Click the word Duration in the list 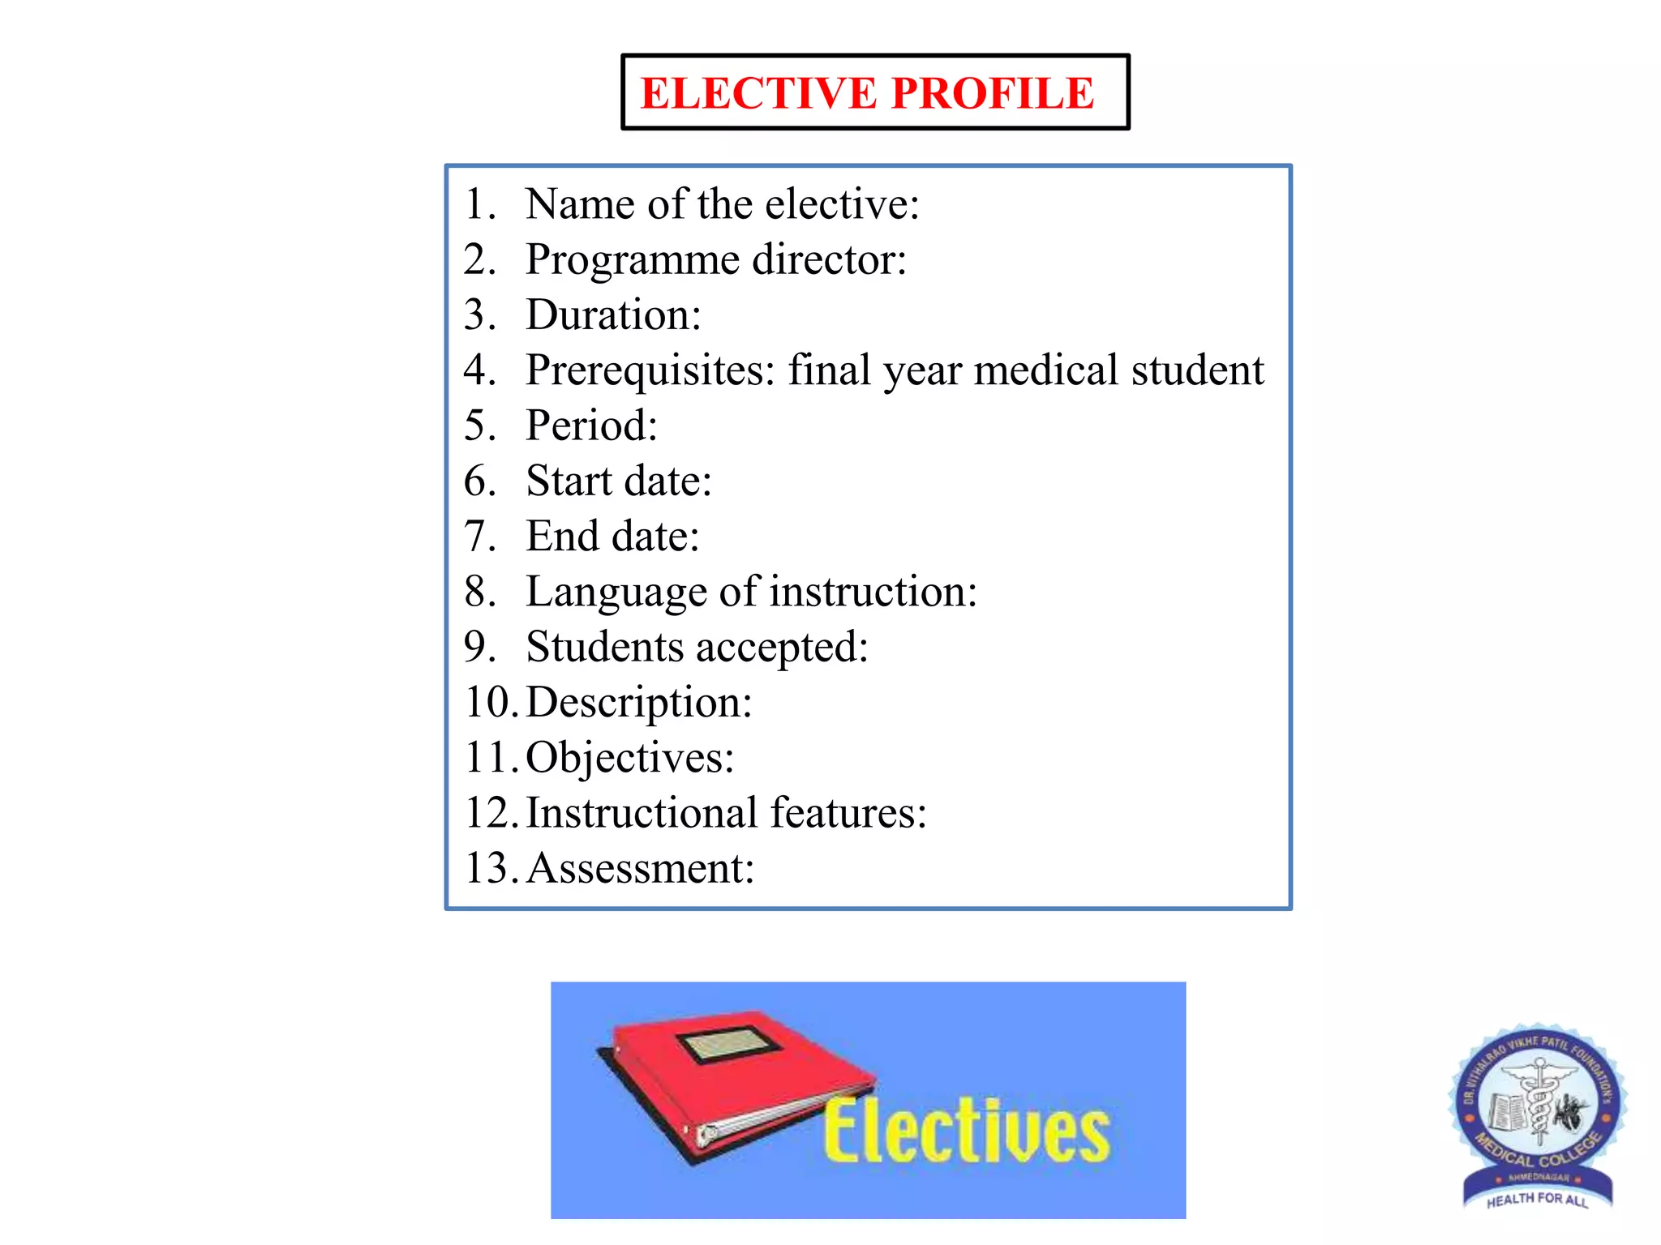pyautogui.click(x=612, y=315)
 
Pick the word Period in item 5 pyautogui.click(x=590, y=426)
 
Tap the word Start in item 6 pyautogui.click(x=569, y=481)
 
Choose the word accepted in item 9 pyautogui.click(x=781, y=648)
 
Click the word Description pyautogui.click(x=638, y=703)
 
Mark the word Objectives pyautogui.click(x=629, y=759)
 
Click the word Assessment pyautogui.click(x=640, y=869)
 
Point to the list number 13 pyautogui.click(x=489, y=869)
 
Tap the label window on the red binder pyautogui.click(x=727, y=1045)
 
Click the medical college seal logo pyautogui.click(x=1537, y=1115)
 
